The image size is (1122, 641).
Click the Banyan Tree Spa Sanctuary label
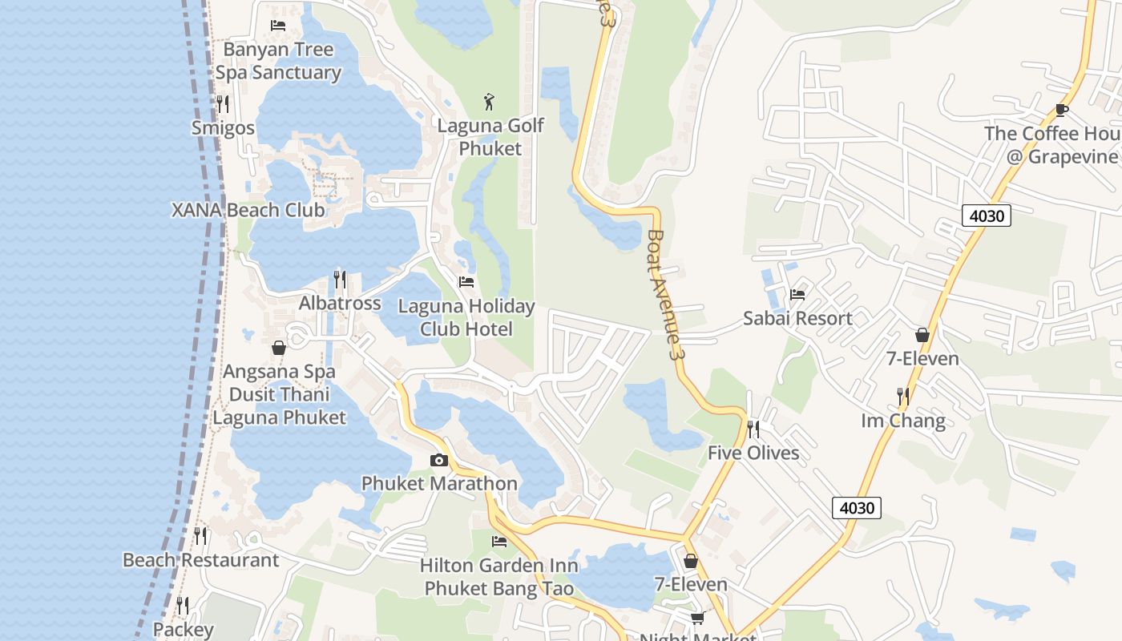point(278,61)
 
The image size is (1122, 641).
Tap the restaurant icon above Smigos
point(223,103)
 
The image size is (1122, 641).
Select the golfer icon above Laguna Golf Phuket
point(490,102)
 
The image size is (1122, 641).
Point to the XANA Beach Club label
point(248,210)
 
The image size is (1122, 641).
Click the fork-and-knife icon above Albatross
point(340,280)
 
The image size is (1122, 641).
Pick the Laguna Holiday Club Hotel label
point(466,317)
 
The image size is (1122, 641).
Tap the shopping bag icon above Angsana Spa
point(279,348)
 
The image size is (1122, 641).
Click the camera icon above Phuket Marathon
point(438,460)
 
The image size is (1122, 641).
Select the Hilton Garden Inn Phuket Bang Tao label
point(499,577)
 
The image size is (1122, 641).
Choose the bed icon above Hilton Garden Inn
point(499,542)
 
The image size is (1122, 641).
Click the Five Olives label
point(753,453)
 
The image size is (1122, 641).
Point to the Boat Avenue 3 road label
point(667,294)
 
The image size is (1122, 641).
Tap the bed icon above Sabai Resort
point(797,295)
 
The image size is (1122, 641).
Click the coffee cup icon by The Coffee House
point(1062,110)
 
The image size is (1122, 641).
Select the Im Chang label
point(903,421)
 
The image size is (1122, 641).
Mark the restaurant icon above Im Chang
point(903,396)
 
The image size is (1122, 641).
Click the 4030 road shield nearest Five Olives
point(857,507)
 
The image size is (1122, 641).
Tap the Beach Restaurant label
point(200,560)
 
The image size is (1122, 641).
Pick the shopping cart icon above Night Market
point(697,618)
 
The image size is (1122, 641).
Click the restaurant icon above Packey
point(183,606)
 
